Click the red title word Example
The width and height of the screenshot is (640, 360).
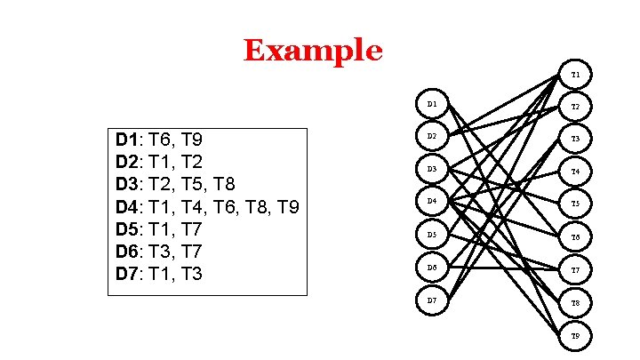pos(313,51)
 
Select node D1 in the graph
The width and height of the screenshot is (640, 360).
pos(432,104)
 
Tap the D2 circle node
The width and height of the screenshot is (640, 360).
pos(432,136)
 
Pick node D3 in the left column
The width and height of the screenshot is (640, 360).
pos(432,169)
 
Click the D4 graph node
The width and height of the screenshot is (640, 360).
pos(432,202)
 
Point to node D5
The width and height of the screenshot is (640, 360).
pos(432,235)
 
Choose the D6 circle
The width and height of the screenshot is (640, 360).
pos(432,268)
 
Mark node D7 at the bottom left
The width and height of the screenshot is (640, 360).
pos(432,300)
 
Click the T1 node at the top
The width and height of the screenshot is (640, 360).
pos(575,75)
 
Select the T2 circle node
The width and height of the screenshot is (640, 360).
pos(575,107)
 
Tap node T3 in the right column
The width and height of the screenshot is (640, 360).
pos(575,139)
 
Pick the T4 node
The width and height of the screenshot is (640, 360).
pos(575,172)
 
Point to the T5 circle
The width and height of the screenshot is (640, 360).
pos(575,204)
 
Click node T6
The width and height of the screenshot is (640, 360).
pos(575,237)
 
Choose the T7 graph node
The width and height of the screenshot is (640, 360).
pos(575,270)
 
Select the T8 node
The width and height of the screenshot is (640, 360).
pos(575,303)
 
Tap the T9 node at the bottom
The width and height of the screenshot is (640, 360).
pos(575,336)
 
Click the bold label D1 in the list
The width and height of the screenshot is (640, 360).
pos(127,140)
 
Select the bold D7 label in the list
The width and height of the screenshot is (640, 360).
pos(127,273)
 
